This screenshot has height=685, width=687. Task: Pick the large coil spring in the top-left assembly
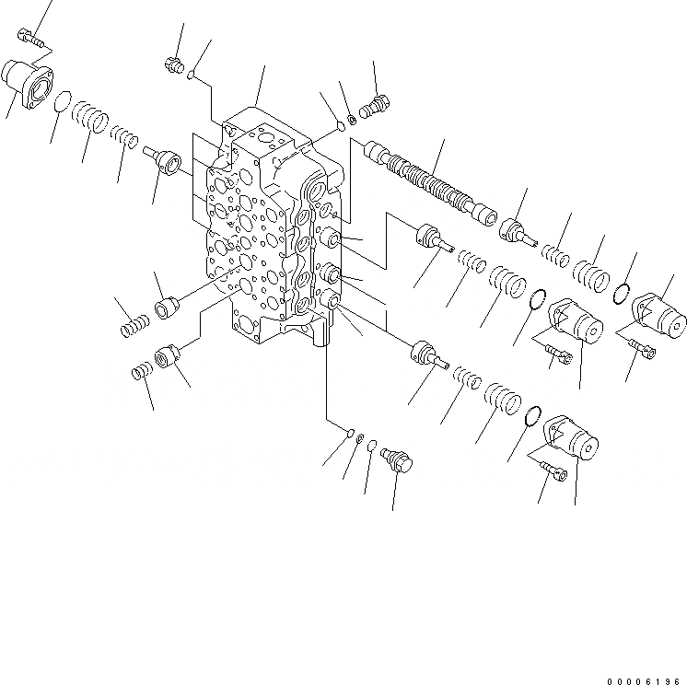tap(91, 117)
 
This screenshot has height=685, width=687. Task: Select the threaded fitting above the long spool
tap(375, 107)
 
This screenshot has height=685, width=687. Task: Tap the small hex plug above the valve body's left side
tap(170, 64)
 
